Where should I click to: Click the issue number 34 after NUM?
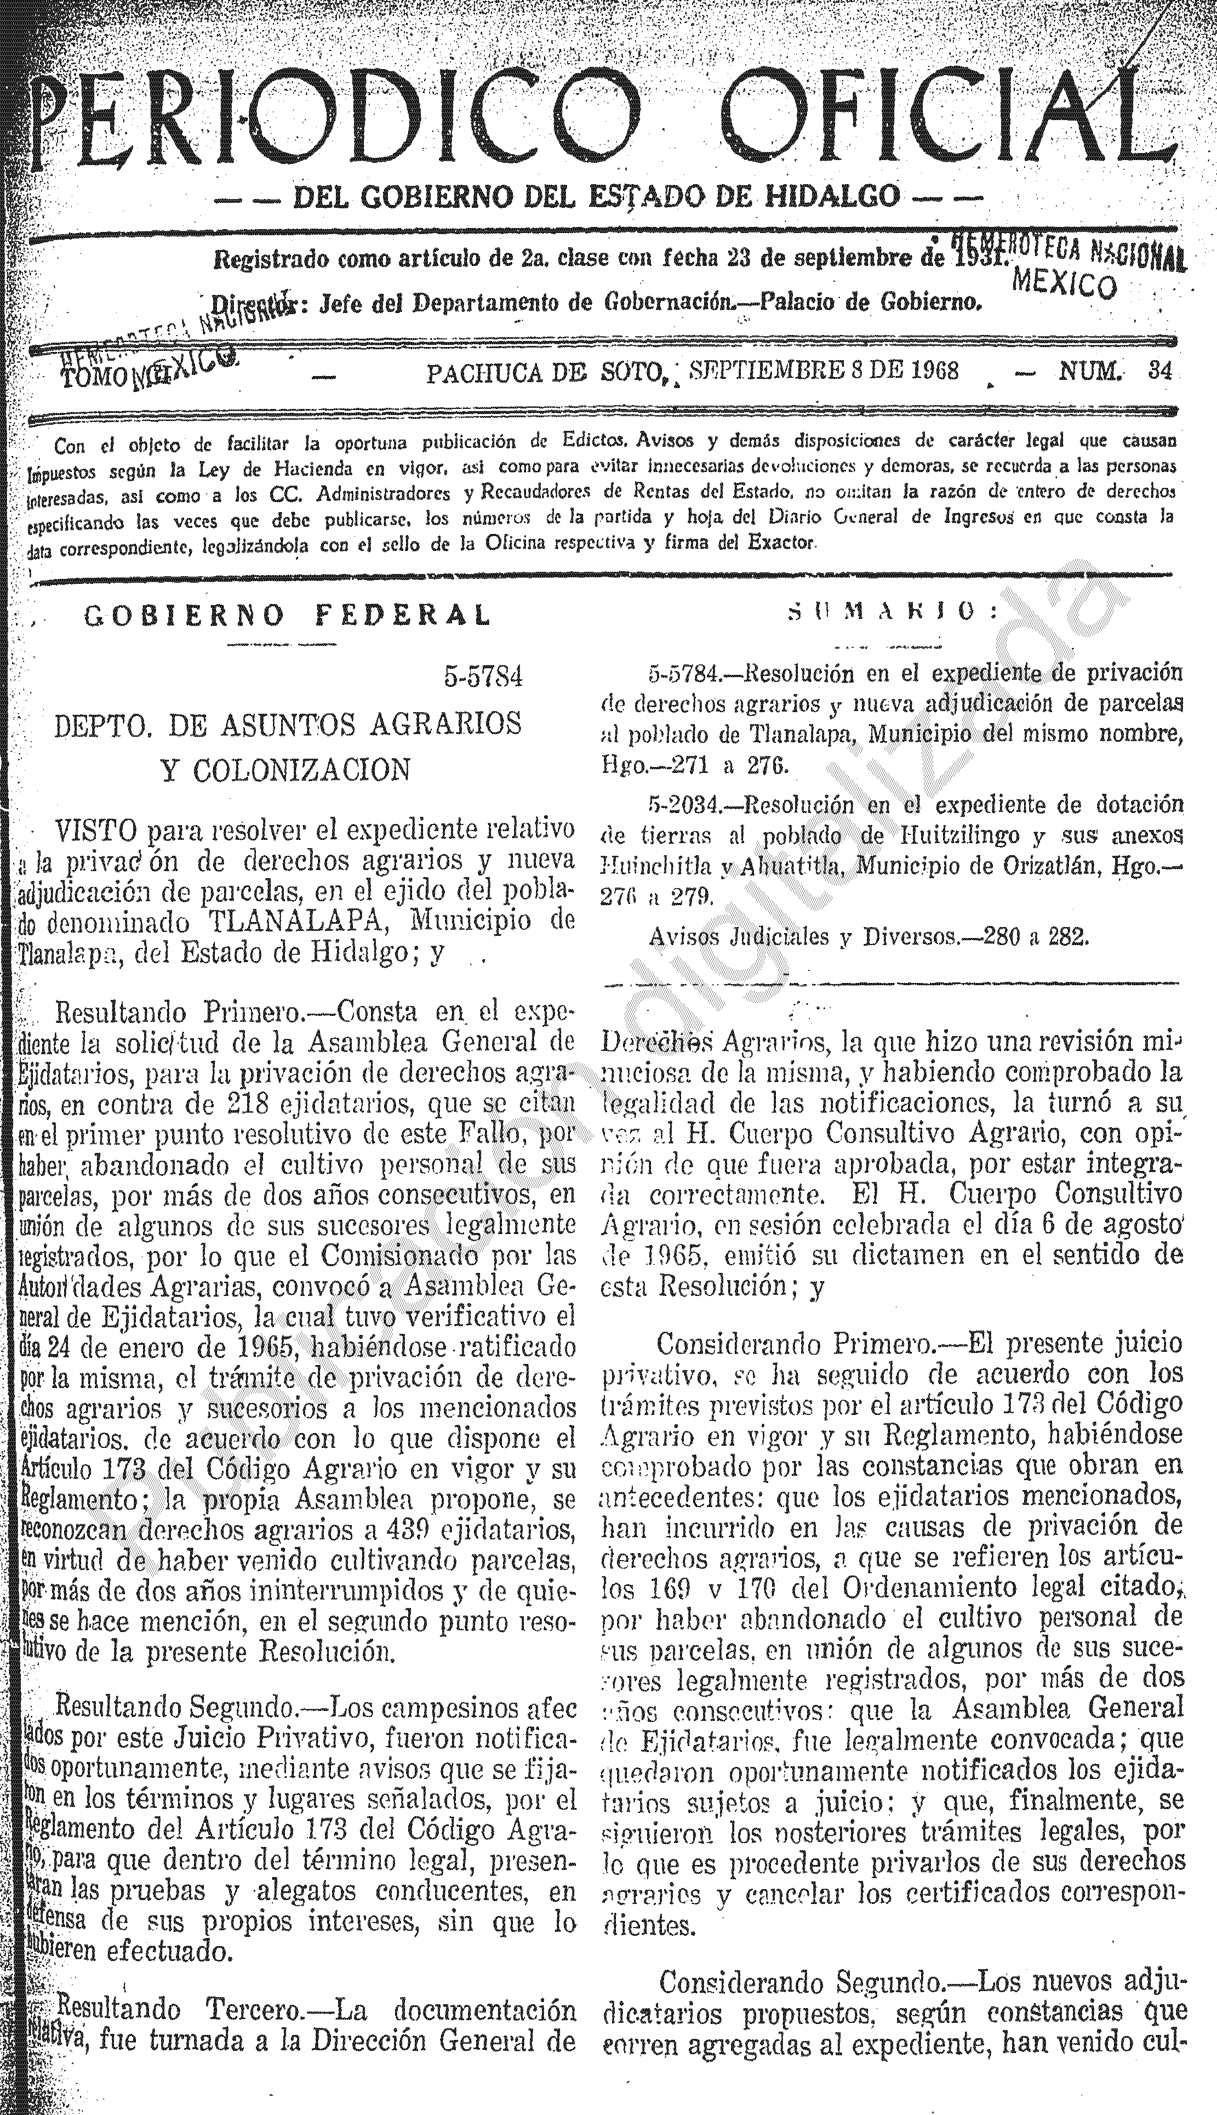(x=1159, y=371)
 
